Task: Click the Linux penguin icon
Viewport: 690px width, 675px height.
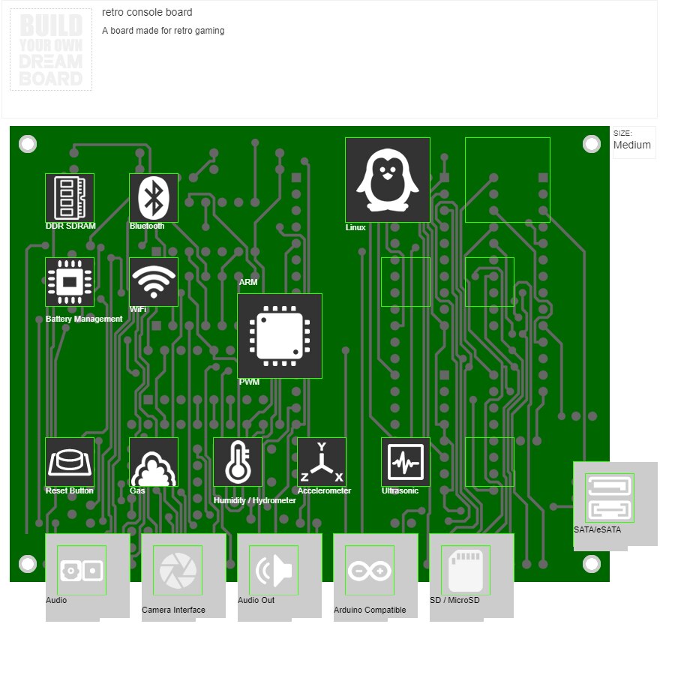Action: point(387,180)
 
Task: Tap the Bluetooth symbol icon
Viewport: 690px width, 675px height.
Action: point(154,198)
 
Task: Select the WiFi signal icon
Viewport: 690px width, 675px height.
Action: point(154,282)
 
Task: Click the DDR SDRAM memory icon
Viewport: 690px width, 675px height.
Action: point(70,198)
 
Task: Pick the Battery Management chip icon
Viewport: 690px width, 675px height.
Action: point(70,282)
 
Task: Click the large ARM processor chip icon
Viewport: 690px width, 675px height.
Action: point(280,336)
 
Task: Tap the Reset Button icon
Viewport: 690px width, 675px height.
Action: point(70,462)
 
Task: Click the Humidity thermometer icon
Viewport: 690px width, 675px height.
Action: point(238,462)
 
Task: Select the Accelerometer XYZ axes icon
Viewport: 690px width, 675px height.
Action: point(322,462)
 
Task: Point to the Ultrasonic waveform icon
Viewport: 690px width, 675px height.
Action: point(406,462)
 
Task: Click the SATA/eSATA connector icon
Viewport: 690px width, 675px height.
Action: point(610,498)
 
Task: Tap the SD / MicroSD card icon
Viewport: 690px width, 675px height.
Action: point(466,570)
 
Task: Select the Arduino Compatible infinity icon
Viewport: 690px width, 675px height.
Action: point(370,570)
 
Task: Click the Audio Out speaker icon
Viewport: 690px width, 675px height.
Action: point(274,570)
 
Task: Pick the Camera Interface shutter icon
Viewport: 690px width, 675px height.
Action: point(178,570)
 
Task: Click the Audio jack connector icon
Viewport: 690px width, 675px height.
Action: point(82,570)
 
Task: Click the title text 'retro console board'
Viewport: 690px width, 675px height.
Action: point(147,13)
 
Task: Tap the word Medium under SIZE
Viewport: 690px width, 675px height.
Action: point(632,145)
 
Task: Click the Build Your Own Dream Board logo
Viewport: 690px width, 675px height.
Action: point(51,49)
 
